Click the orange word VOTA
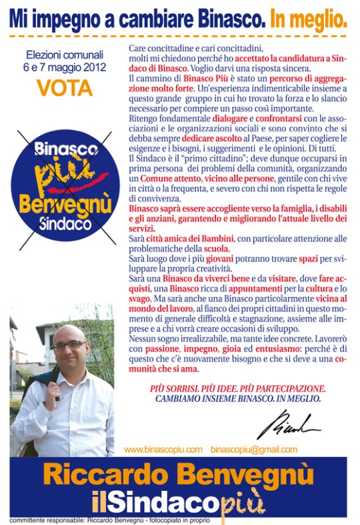tap(64, 88)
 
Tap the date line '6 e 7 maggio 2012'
tap(65, 68)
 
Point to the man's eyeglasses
tap(69, 346)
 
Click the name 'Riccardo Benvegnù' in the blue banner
tap(179, 476)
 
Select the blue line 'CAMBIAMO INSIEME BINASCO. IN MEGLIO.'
tap(237, 399)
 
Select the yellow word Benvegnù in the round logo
tap(64, 203)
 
